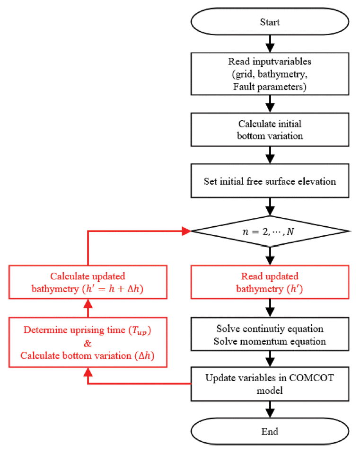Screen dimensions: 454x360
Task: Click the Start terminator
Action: [270, 22]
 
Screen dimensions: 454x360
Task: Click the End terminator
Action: [270, 431]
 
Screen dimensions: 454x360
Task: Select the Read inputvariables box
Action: [270, 74]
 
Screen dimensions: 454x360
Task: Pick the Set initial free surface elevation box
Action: [270, 181]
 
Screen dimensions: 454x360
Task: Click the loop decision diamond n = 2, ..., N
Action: [270, 231]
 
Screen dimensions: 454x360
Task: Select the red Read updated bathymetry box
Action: [270, 282]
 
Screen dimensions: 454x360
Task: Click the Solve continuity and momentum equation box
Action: [270, 334]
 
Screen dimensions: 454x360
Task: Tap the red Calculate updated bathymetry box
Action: [88, 282]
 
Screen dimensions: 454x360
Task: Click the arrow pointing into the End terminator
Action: [270, 410]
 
